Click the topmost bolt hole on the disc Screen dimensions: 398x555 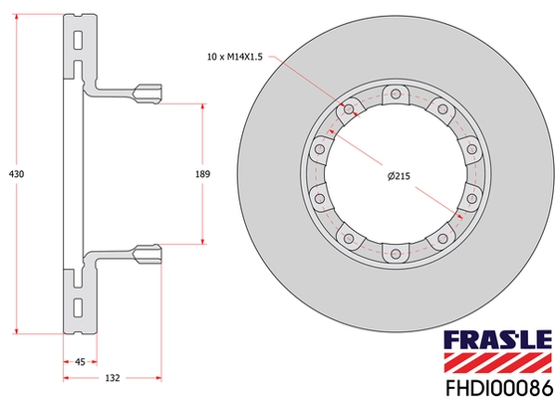pos(396,95)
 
